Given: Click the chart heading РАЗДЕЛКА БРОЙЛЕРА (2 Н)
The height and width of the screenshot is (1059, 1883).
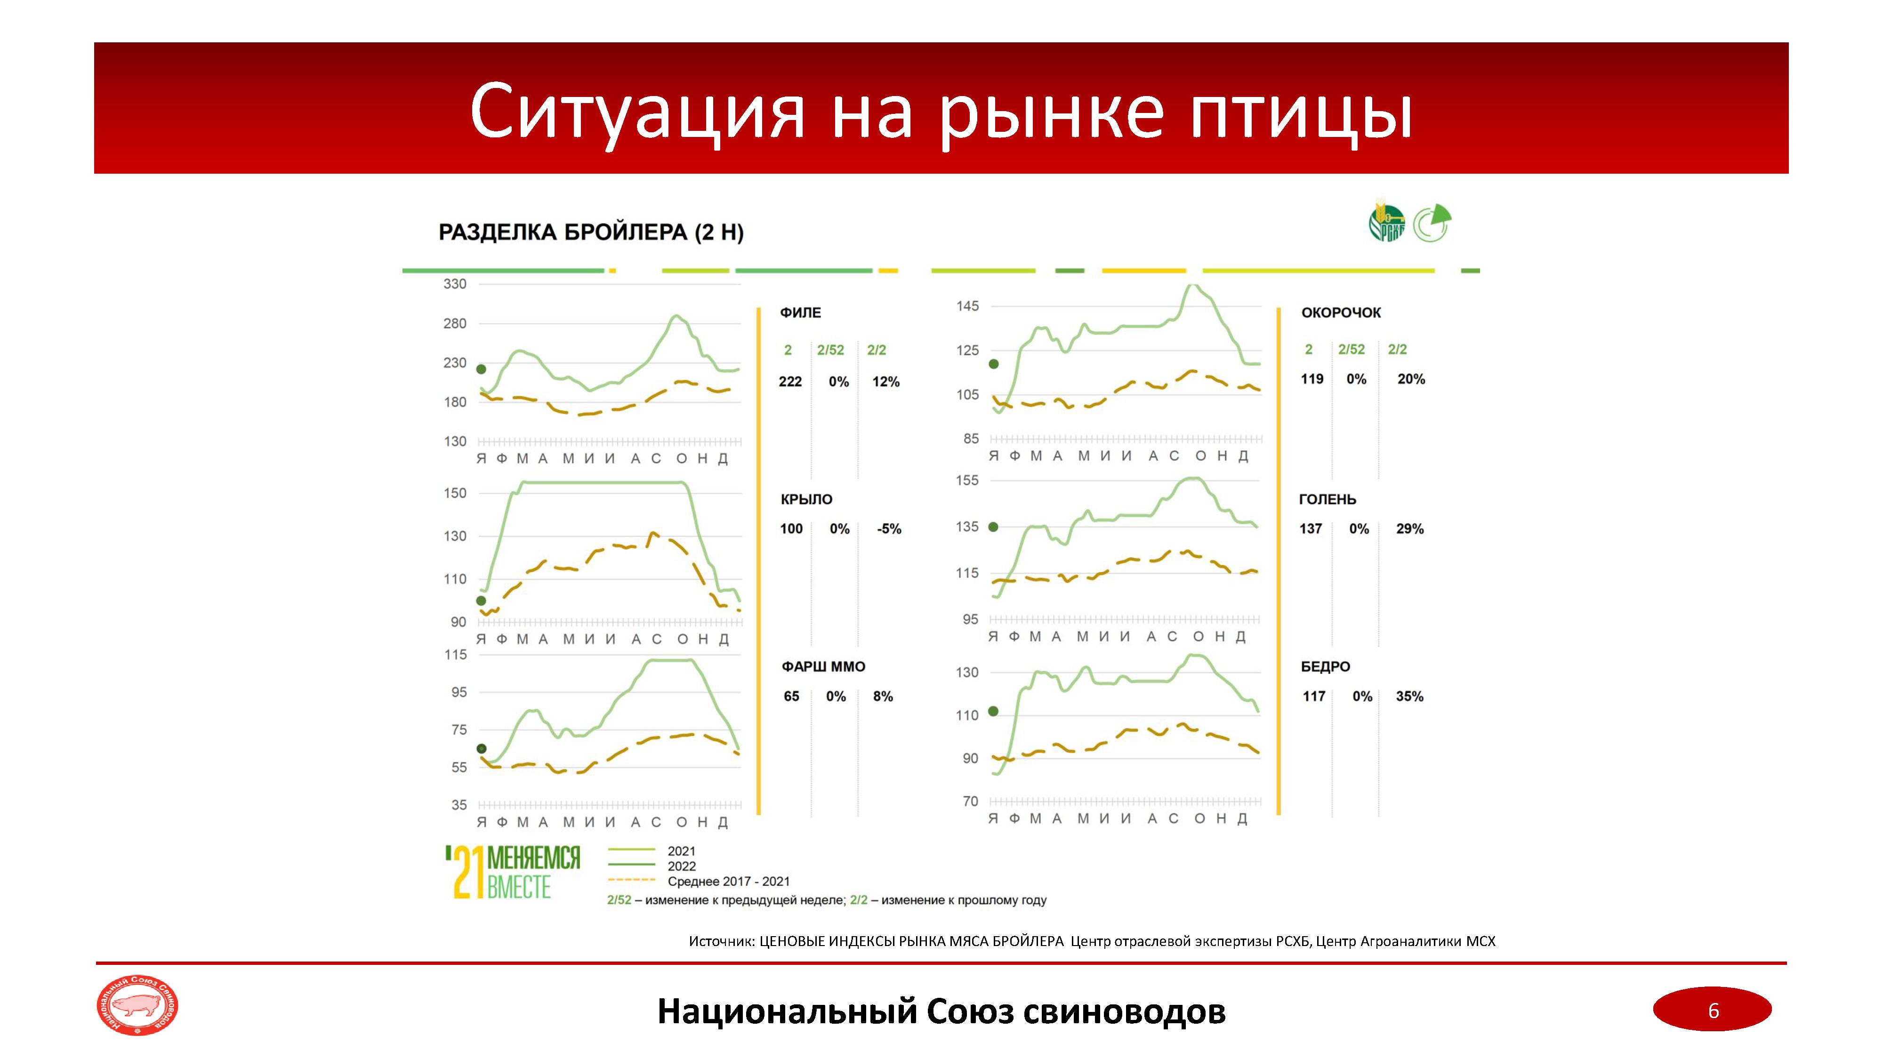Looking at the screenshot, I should point(591,233).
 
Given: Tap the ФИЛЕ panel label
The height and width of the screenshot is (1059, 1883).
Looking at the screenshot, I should point(800,313).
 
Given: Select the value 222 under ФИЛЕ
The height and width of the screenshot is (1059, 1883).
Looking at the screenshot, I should point(790,382).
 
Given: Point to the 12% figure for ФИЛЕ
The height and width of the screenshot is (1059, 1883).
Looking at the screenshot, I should point(885,382).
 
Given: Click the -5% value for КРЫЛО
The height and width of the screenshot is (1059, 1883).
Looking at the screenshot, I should point(889,529).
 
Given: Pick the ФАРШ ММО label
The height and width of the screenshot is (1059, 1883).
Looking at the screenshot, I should point(823,666).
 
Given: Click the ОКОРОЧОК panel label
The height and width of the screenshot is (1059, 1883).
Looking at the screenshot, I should point(1341,313).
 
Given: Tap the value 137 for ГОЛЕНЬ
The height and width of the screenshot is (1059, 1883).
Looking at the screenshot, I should point(1311,529).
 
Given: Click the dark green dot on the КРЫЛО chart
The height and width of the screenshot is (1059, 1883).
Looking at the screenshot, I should point(481,601).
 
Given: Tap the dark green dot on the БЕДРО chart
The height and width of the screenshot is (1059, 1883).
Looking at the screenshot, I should point(993,711).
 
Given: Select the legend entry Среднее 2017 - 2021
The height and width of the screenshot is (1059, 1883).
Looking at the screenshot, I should point(728,882).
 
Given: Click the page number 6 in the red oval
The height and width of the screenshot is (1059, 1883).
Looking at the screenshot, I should point(1713,1011).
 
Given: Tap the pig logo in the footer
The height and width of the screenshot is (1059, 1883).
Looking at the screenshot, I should point(137,1006).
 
